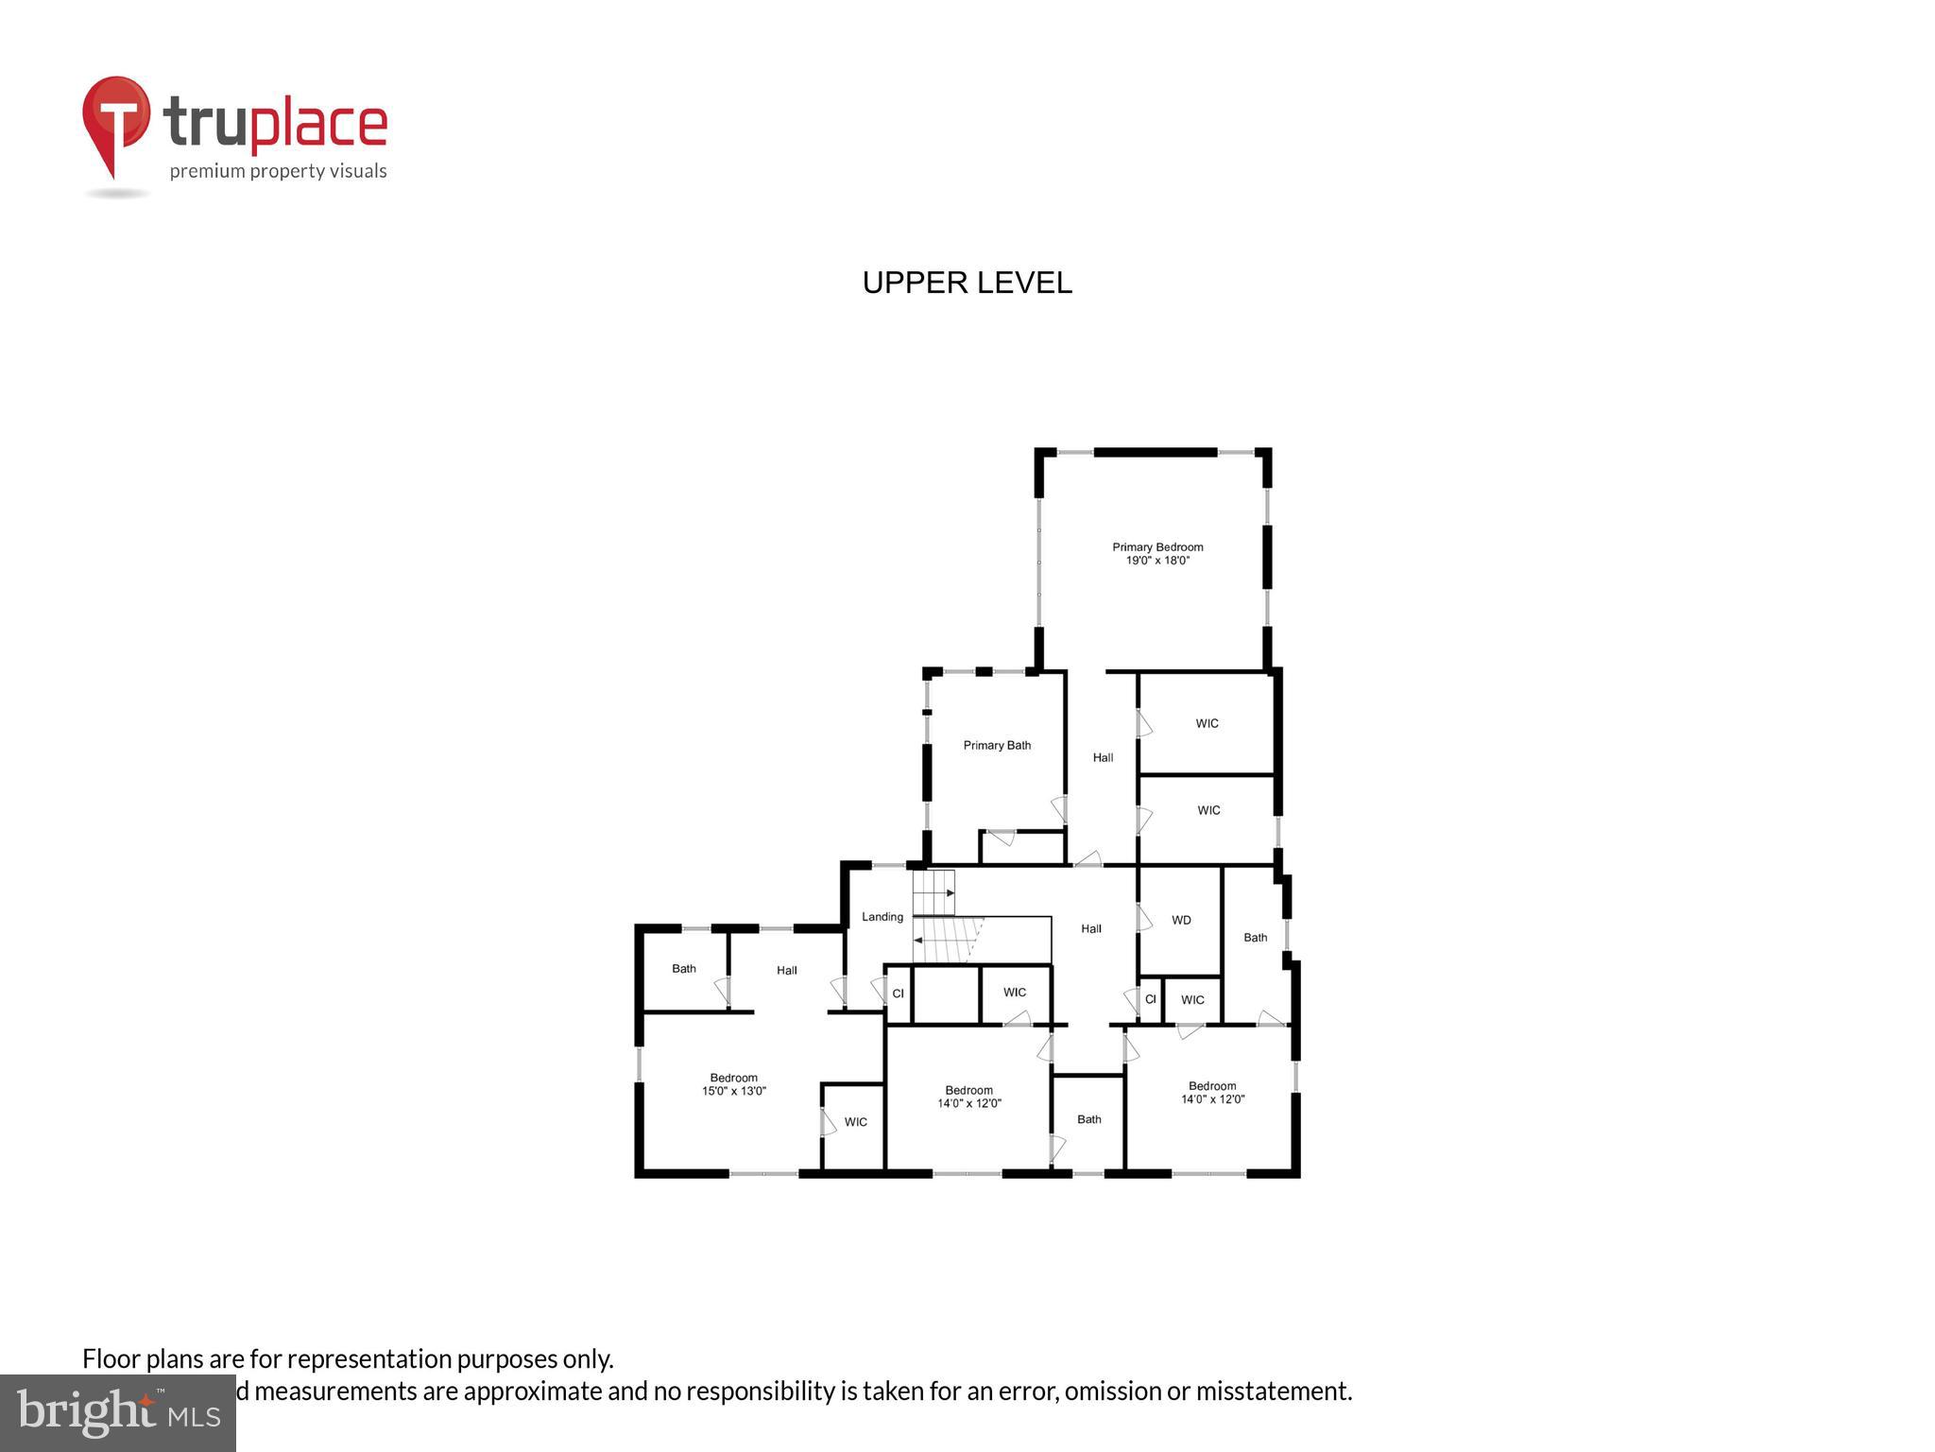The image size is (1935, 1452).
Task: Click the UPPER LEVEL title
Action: coord(967,283)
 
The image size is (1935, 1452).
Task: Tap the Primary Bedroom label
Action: coord(1157,547)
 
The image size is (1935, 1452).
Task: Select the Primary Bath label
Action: coord(997,746)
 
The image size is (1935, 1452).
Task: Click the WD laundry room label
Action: coord(1181,920)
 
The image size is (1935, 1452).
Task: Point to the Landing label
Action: coord(882,917)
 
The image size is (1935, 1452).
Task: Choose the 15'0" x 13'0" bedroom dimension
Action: coord(734,1091)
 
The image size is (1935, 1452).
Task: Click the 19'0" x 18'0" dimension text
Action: coord(1157,561)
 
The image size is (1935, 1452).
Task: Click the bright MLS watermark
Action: coord(118,1412)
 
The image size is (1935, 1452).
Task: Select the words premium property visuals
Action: coord(278,171)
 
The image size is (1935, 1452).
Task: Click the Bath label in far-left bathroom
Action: coord(684,969)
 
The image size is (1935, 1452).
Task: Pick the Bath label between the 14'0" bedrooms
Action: coord(1089,1119)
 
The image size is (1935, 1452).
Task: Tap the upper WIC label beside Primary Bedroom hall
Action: coord(1207,724)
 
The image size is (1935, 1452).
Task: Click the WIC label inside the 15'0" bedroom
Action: coord(856,1122)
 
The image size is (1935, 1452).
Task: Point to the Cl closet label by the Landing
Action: coord(899,994)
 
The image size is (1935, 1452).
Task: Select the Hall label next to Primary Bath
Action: coord(1103,757)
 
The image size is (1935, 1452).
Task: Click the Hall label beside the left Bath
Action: coord(787,970)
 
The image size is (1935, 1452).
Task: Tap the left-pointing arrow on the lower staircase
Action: coord(918,941)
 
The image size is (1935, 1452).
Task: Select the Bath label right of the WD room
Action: coord(1255,938)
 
